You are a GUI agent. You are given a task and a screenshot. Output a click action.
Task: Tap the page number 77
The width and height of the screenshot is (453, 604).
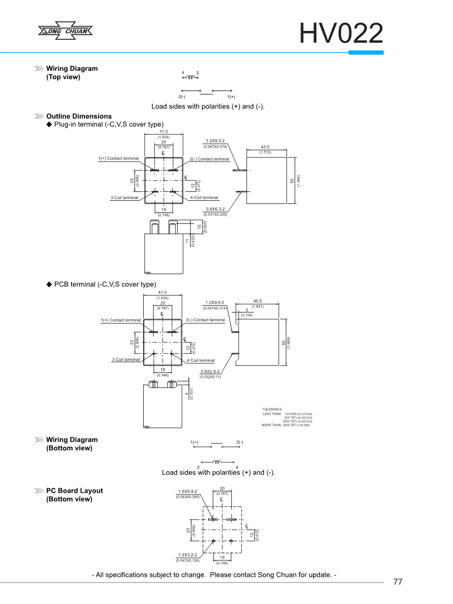tap(397, 582)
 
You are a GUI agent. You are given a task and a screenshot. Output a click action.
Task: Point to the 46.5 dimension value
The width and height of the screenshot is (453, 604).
tap(257, 301)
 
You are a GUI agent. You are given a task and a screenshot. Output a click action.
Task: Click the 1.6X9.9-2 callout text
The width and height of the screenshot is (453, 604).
tap(187, 492)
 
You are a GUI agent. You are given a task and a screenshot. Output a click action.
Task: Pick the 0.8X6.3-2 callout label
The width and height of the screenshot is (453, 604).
tap(215, 209)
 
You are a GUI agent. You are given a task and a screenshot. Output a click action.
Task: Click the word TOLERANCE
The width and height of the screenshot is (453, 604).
tap(273, 409)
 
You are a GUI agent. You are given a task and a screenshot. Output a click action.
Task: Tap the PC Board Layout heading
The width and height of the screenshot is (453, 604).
tap(74, 491)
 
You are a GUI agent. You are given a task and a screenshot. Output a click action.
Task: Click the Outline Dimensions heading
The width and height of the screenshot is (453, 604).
tap(79, 116)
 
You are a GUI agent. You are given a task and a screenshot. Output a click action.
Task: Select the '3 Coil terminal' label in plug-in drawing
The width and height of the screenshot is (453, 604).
tap(124, 198)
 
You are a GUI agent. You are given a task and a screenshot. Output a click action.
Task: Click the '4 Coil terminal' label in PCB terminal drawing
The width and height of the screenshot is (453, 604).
tap(201, 360)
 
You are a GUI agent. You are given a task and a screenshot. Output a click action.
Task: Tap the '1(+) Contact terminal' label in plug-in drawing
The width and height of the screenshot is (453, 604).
tap(118, 158)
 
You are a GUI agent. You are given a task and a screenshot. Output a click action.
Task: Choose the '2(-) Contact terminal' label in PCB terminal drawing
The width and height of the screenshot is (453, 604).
tap(205, 320)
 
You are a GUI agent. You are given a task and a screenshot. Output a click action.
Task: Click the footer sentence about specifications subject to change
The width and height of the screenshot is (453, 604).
tap(214, 575)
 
